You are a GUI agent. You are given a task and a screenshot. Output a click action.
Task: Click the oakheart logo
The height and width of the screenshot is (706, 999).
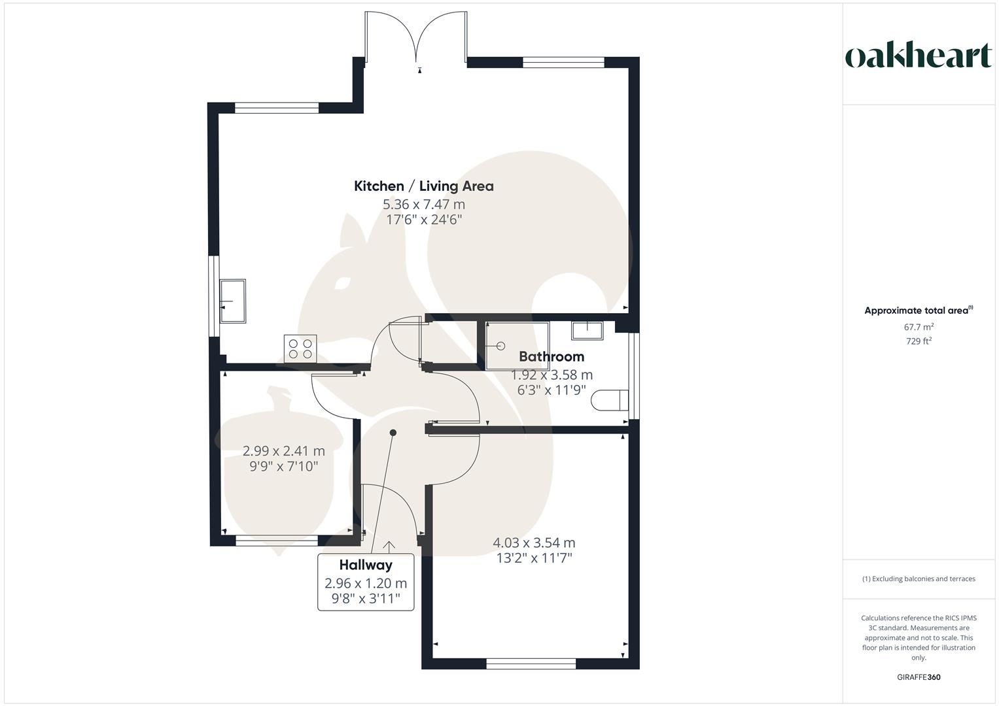coord(918,56)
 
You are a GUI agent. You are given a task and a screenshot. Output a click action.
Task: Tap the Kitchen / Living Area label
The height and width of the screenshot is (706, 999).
coord(423,186)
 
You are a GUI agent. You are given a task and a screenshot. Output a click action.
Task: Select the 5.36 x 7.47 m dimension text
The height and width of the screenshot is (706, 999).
coord(423,204)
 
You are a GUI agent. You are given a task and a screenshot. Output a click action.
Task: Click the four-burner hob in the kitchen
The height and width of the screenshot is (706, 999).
coord(300,348)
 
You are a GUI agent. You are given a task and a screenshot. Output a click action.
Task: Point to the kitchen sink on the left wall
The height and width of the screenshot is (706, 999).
coord(233,301)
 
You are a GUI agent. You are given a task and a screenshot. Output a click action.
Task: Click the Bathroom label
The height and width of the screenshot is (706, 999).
coord(551,357)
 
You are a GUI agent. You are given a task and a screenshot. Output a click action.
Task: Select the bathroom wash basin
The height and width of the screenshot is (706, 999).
coord(587,330)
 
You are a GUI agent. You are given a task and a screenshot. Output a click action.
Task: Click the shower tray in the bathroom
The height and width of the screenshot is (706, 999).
coord(517,346)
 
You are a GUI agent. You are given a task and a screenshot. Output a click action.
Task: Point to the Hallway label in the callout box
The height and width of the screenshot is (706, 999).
coord(365,565)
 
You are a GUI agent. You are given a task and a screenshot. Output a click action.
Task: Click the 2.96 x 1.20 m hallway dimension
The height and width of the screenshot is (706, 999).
coord(365,583)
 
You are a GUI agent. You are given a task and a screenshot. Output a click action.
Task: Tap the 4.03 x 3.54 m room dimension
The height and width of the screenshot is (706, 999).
coord(533,543)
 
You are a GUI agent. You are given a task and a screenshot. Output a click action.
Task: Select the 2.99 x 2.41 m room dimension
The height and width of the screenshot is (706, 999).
coord(283,451)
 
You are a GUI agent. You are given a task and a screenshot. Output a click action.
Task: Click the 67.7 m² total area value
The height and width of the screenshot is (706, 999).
coord(919,327)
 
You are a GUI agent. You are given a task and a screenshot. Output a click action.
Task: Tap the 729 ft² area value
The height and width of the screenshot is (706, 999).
coord(919,341)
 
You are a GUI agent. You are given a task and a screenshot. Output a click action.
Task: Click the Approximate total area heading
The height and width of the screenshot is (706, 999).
coord(918,311)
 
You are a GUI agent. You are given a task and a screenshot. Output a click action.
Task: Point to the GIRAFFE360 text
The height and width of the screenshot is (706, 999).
coord(918,677)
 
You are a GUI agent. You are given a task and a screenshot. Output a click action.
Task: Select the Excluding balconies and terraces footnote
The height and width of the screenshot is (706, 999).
coord(918,579)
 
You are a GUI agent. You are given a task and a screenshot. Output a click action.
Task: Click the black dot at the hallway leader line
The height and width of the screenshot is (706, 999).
coord(393,433)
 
